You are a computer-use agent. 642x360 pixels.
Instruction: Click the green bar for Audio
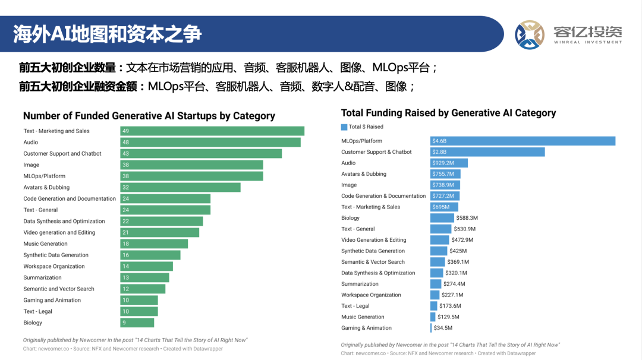[x=210, y=142]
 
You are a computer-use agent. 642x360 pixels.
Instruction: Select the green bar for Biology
[x=137, y=323]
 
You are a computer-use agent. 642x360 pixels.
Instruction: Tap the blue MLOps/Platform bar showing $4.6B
[x=523, y=141]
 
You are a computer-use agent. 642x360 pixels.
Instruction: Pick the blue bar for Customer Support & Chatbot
[x=487, y=152]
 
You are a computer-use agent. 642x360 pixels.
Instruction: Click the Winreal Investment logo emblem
[x=530, y=35]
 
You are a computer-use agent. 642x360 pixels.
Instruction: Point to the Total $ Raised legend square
[x=344, y=127]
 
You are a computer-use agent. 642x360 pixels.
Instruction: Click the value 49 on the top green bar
[x=125, y=131]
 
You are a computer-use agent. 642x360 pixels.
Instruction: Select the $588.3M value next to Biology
[x=467, y=218]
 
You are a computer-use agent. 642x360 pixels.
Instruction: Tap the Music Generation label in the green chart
[x=45, y=244]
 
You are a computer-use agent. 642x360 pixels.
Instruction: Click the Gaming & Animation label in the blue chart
[x=366, y=328]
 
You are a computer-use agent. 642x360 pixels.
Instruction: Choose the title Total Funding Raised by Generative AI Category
[x=448, y=113]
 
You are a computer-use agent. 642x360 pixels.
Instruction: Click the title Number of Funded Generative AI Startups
[x=149, y=116]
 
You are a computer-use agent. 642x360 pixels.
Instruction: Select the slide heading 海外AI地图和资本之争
[x=108, y=34]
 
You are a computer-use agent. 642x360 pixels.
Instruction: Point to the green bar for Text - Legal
[x=139, y=311]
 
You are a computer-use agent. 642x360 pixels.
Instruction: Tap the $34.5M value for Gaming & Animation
[x=443, y=328]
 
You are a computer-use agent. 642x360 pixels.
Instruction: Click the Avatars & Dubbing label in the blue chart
[x=363, y=174]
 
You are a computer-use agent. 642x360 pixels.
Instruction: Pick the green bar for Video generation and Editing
[x=159, y=232]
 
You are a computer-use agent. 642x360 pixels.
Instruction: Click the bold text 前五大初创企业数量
[x=68, y=68]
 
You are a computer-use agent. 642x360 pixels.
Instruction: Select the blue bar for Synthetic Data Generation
[x=438, y=251]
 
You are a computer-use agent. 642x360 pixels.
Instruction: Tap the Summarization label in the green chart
[x=42, y=277]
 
